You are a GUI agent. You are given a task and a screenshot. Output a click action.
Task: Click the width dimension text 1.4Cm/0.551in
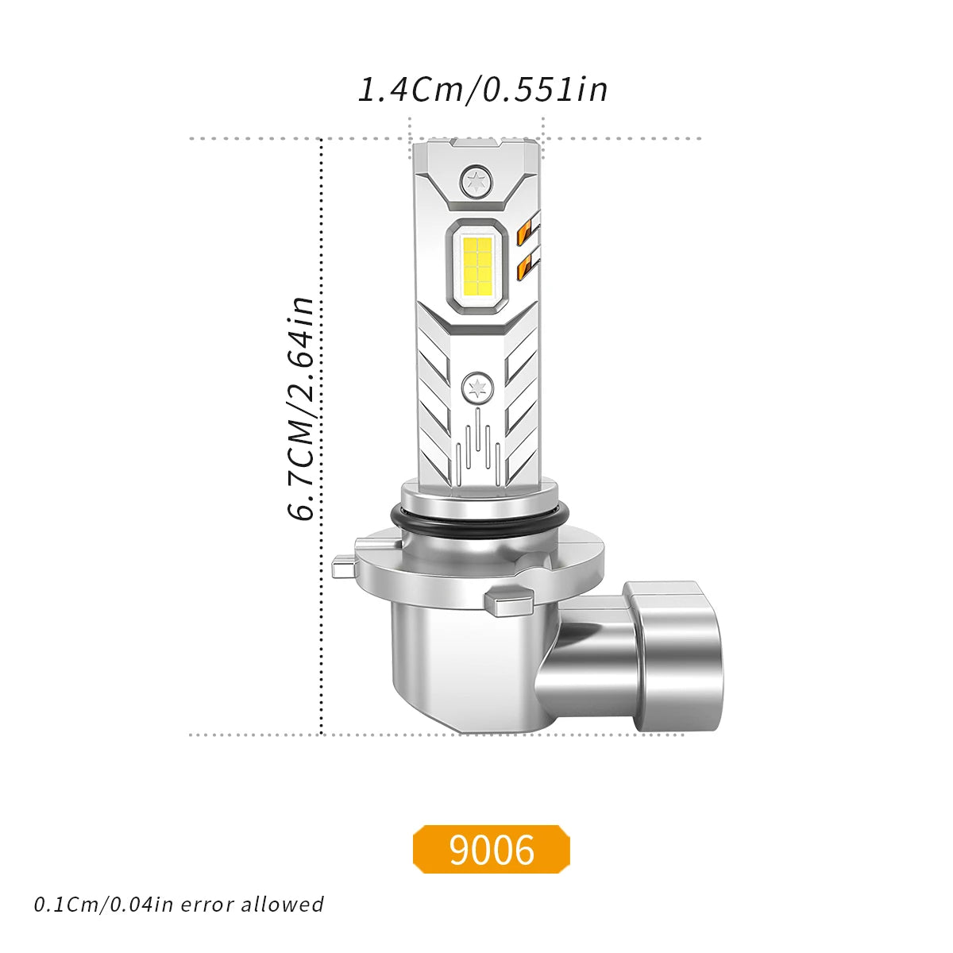[x=483, y=89]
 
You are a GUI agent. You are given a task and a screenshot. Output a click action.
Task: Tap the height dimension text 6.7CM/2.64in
[x=302, y=410]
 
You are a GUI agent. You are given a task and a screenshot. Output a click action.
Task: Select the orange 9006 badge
[x=492, y=850]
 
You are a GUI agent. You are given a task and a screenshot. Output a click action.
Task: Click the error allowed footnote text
[x=179, y=904]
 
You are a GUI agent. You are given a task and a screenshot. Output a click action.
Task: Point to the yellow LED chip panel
[x=476, y=264]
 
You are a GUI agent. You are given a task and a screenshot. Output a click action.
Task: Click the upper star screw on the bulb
[x=476, y=180]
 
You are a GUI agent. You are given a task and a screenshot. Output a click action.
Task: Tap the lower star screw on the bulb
[x=476, y=388]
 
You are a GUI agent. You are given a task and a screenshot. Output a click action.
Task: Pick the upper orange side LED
[x=527, y=232]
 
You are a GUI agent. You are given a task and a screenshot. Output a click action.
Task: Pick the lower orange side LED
[x=525, y=268]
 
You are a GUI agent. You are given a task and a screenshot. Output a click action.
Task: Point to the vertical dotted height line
[x=321, y=437]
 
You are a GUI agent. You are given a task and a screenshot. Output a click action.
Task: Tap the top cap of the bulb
[x=476, y=149]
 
